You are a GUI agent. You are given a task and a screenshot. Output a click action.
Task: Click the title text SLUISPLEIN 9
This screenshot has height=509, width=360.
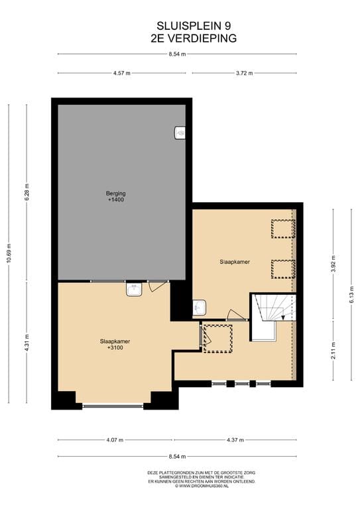coord(194,26)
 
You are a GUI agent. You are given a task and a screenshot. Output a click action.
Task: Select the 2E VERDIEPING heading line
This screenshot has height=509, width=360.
coord(194,38)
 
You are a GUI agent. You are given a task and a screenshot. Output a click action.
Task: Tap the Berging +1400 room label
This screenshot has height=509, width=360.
coord(116,196)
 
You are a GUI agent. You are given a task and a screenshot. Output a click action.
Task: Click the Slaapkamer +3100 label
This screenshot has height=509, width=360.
coord(115,345)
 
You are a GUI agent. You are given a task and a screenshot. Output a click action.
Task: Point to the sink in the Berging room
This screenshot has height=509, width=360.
coord(180,133)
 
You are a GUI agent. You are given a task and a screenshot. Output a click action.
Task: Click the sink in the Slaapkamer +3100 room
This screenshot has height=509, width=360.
coord(134,289)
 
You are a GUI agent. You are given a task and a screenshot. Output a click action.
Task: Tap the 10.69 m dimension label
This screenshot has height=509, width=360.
coord(9,253)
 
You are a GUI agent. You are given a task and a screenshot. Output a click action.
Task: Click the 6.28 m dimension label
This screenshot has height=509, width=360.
coord(27,192)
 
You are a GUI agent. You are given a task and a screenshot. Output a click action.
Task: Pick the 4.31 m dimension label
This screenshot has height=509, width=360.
coord(27,343)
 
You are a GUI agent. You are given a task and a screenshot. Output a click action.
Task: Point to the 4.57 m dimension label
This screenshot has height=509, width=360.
coord(122,74)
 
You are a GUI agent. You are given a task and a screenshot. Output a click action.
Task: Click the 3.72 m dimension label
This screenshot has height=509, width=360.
coord(244,74)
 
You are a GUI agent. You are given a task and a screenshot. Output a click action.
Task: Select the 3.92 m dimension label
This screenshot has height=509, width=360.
coord(333,264)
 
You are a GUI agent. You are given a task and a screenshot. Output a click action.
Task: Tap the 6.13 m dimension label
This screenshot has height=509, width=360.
coord(351,295)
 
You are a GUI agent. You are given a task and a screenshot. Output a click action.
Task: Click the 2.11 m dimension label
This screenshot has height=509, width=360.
coord(333,351)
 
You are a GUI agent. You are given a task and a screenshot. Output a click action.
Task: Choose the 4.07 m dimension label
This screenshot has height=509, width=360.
coord(115,440)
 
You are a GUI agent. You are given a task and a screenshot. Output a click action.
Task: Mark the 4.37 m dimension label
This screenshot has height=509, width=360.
coord(235,440)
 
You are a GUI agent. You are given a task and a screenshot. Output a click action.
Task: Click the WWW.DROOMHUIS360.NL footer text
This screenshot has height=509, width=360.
coord(202,486)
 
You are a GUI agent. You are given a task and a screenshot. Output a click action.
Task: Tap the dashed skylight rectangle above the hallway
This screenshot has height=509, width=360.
coord(217,339)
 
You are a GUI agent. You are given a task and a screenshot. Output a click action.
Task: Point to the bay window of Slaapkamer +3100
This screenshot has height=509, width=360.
coord(113,405)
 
